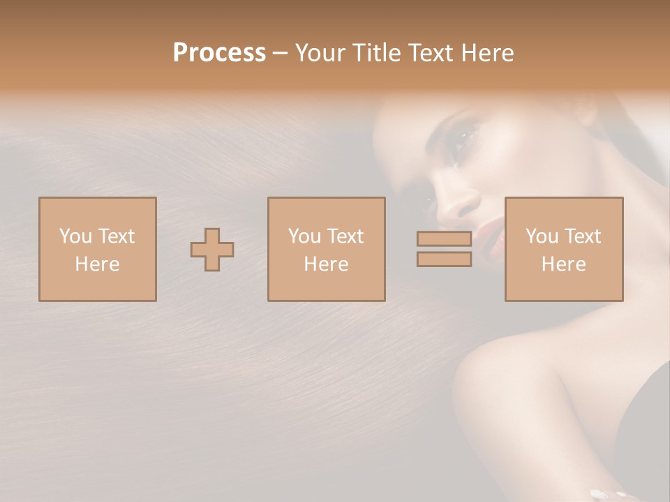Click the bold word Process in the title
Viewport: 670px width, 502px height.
219,53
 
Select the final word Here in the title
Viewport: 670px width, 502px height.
489,53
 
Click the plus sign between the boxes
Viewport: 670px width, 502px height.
212,250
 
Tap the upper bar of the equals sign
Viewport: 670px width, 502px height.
444,238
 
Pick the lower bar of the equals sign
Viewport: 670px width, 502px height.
444,259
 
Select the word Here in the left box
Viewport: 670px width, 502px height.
97,264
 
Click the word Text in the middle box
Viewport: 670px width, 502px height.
345,236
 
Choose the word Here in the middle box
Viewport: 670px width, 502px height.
326,264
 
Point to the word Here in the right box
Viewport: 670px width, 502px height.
563,264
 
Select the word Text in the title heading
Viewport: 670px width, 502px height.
433,53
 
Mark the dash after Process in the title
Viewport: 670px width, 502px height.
281,53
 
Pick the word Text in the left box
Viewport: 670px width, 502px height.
117,236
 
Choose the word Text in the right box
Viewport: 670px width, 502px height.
583,236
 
